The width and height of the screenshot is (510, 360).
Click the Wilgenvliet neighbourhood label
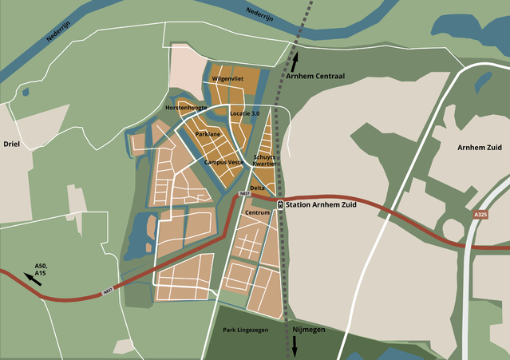[x=227, y=80]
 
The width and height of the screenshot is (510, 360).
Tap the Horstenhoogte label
[x=186, y=107]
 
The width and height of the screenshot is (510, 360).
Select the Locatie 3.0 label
[x=244, y=114]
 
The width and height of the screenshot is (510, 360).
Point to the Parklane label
[x=208, y=134]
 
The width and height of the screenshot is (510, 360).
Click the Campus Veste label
[x=223, y=162]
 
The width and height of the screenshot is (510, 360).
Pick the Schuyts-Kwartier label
[x=264, y=160]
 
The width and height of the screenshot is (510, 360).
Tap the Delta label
[x=257, y=188]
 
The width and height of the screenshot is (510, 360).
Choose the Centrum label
[x=258, y=213]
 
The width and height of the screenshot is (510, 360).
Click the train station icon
[x=279, y=204]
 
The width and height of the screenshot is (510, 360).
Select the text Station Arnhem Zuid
[x=321, y=204]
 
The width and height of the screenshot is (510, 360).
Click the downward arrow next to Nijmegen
[x=294, y=346]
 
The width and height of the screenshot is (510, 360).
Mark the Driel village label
[x=11, y=144]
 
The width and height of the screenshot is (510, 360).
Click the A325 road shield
[x=480, y=215]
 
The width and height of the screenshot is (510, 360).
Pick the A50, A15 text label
[x=41, y=270]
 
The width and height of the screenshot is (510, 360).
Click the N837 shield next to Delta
[x=245, y=194]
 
